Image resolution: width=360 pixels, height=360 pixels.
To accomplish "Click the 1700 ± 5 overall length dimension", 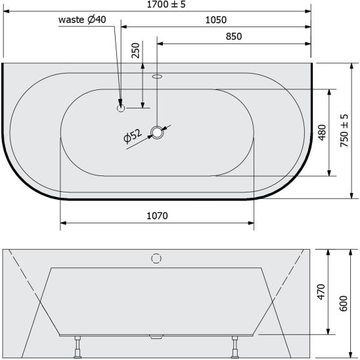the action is pos(166,5).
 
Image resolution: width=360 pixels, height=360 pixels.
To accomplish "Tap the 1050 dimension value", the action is pos(216,20).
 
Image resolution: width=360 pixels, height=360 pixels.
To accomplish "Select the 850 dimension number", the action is pos(234,37).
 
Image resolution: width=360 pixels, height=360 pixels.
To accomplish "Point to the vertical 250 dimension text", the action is pos(135,51).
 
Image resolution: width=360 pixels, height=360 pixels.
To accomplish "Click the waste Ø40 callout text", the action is pos(82,20).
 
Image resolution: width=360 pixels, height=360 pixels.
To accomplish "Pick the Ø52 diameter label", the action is pos(133,136).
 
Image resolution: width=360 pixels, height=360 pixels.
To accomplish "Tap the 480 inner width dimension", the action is pos(322,133).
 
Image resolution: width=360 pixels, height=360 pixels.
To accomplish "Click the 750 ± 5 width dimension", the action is pos(344,131).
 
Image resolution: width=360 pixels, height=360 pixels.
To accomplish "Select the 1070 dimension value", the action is pos(157,216).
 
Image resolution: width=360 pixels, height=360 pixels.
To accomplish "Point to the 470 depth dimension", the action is pos(321,292).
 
